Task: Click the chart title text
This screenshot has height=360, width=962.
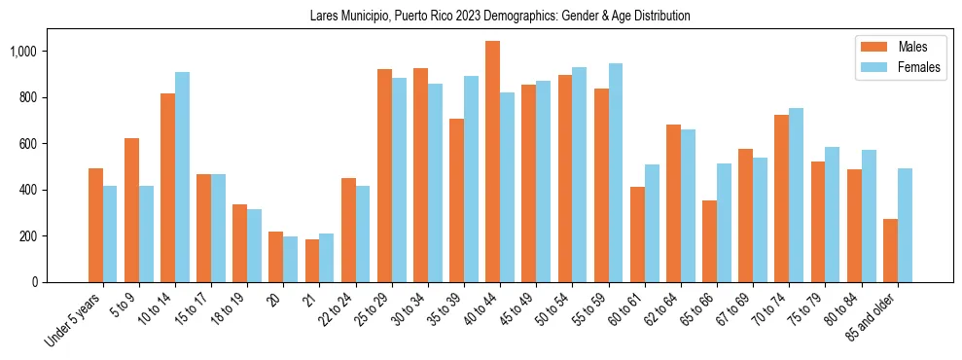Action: tap(500, 16)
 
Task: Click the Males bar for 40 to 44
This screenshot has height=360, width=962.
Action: tap(492, 162)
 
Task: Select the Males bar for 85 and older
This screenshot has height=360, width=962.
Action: tap(890, 250)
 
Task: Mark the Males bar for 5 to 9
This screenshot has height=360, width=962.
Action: tap(131, 210)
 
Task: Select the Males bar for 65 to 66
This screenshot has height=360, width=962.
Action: tap(709, 241)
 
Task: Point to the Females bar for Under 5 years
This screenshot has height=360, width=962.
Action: tap(110, 234)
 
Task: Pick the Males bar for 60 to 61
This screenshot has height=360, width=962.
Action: tap(637, 234)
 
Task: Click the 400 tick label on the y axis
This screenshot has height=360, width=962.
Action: tap(28, 190)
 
